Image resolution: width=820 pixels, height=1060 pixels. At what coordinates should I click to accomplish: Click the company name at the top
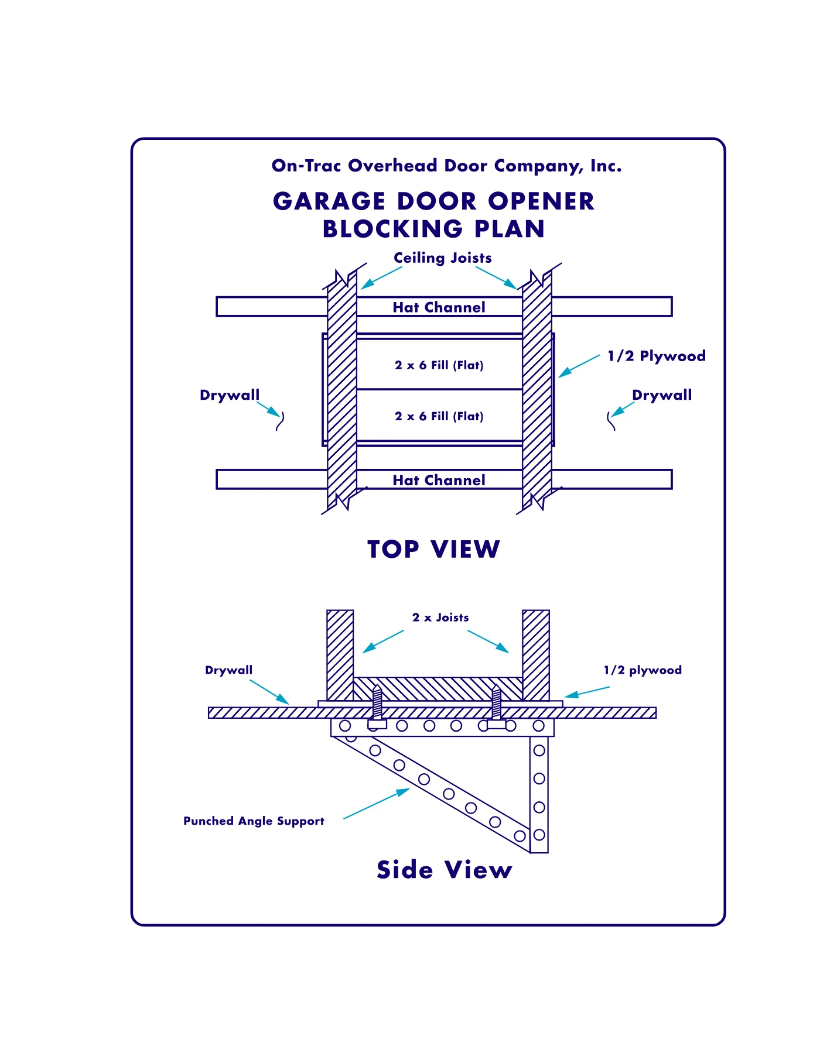(x=446, y=166)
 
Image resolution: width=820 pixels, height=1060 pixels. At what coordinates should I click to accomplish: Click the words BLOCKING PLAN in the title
(x=434, y=229)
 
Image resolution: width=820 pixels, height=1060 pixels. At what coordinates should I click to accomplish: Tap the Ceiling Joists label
(x=443, y=258)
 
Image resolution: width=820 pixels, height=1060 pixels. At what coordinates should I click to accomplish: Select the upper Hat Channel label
(x=439, y=307)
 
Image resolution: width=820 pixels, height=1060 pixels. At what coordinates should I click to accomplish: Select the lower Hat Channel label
(x=439, y=481)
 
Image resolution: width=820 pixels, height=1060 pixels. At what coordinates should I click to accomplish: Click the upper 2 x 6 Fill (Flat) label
(x=439, y=365)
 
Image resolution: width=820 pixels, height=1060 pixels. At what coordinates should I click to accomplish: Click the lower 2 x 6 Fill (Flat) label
(x=439, y=416)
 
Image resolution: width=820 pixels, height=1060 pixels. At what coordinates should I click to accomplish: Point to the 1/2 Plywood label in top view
(x=657, y=356)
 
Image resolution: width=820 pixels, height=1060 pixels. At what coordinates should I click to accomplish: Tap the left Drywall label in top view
(x=230, y=396)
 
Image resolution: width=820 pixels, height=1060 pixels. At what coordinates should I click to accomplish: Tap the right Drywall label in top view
(x=662, y=396)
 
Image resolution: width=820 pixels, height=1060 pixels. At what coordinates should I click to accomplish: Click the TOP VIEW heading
(x=434, y=550)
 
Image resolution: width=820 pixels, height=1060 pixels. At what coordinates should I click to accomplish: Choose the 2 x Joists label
(x=440, y=618)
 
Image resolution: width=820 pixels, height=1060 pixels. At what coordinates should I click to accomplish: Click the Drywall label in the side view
(x=229, y=671)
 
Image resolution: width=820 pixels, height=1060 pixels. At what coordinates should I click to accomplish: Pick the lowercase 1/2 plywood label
(x=643, y=671)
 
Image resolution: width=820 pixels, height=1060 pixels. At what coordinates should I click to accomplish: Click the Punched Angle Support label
(x=254, y=821)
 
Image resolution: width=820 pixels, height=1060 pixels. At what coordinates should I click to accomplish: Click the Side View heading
(x=445, y=870)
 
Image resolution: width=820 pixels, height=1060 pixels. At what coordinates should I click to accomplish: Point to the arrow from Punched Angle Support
(x=377, y=804)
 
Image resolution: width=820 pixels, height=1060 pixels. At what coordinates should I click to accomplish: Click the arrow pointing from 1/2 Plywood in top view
(x=579, y=366)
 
